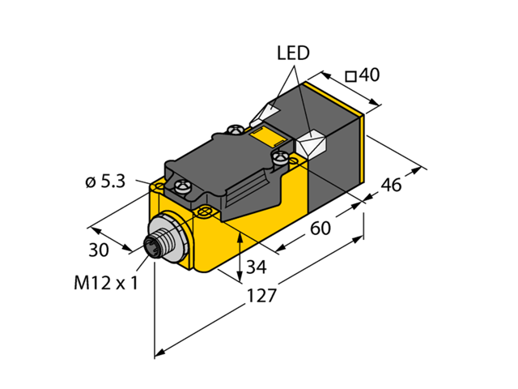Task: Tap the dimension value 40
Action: coord(369,76)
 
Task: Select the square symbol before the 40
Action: coord(351,77)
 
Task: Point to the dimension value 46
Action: coord(391,185)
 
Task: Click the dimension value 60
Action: coord(321,229)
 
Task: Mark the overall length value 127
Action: coord(261,296)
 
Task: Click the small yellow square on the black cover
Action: coord(261,132)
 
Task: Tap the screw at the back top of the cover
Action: coord(236,127)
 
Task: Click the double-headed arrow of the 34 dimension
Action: coord(242,254)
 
